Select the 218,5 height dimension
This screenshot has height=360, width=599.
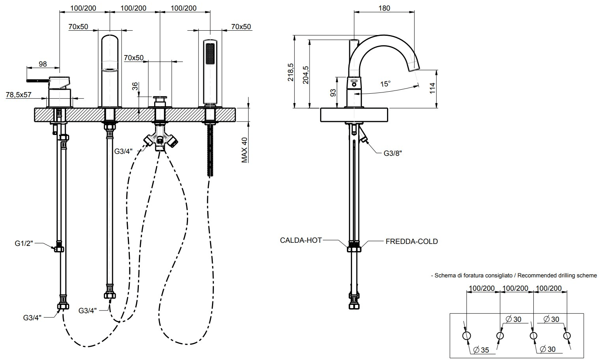pyautogui.click(x=291, y=72)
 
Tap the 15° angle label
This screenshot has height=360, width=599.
pyautogui.click(x=385, y=84)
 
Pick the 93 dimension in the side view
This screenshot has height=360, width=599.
pyautogui.click(x=333, y=93)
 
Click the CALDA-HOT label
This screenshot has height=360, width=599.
pyautogui.click(x=301, y=240)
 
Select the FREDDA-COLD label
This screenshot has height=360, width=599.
pyautogui.click(x=411, y=241)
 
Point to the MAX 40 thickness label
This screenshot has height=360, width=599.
pyautogui.click(x=245, y=150)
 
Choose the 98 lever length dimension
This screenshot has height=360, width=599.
pyautogui.click(x=42, y=64)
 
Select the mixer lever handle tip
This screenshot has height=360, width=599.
pyautogui.click(x=28, y=80)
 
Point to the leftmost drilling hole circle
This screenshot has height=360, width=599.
pyautogui.click(x=466, y=336)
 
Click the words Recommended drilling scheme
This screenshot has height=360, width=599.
pyautogui.click(x=557, y=275)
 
